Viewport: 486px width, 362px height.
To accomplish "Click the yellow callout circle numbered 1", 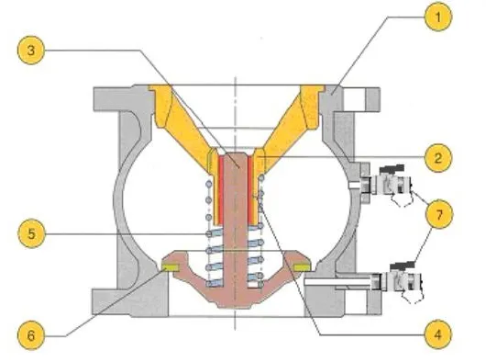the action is (438, 17).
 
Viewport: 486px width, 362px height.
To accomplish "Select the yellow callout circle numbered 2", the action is (438, 158).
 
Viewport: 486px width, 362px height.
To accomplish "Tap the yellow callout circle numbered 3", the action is (31, 51).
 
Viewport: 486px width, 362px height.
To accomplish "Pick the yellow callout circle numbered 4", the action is (438, 334).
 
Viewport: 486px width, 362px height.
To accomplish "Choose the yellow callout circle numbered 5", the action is (31, 233).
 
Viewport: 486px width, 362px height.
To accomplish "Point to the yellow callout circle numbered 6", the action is (31, 335).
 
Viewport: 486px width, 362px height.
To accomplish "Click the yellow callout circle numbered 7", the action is (439, 214).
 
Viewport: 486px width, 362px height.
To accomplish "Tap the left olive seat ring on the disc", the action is (171, 267).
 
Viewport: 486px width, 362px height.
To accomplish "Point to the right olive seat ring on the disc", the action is (304, 267).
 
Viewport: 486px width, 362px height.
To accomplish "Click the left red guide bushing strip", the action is (221, 190).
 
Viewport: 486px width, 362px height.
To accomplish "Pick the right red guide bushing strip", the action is (250, 190).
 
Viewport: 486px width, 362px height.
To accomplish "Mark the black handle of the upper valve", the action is (392, 168).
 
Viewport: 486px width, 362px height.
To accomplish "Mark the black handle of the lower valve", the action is (403, 266).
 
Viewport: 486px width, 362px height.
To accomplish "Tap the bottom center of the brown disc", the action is (236, 306).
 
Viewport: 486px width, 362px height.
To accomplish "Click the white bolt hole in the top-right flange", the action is (354, 98).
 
